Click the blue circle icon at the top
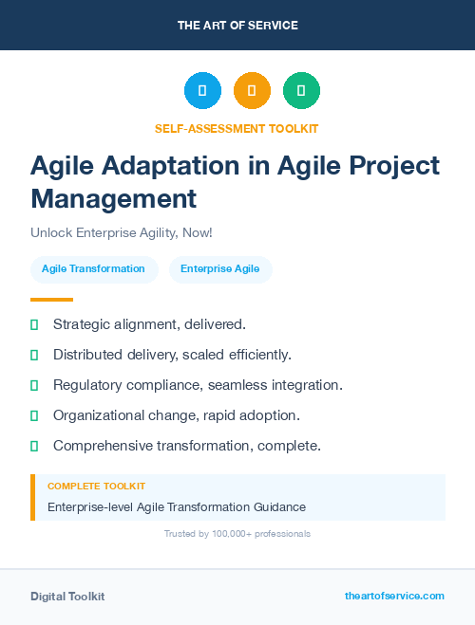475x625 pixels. (x=202, y=91)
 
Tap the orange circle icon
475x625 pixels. (x=252, y=91)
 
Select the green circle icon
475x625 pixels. (x=301, y=91)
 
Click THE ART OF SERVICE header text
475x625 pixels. (x=237, y=26)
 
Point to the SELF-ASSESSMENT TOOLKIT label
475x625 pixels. (x=237, y=128)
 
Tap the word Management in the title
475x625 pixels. (x=113, y=199)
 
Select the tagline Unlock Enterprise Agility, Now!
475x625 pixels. (x=121, y=232)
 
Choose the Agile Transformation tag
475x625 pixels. (x=93, y=269)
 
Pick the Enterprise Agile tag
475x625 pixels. (x=219, y=269)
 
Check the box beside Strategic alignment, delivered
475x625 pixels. (x=34, y=324)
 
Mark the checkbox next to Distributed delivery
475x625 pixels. (x=34, y=355)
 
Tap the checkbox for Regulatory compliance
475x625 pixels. (x=34, y=385)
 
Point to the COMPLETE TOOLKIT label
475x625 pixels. (x=96, y=486)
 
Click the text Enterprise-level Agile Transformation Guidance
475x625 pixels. (x=177, y=507)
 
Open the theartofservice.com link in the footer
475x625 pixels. (x=394, y=596)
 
